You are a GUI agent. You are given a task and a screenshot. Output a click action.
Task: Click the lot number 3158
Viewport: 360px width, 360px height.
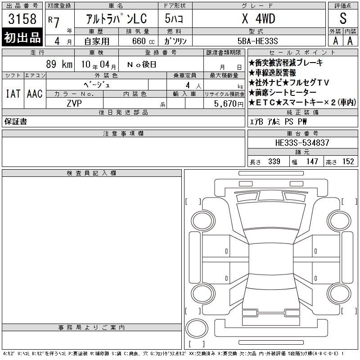pos(22,18)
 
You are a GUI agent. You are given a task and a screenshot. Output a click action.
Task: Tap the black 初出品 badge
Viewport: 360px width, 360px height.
pos(22,37)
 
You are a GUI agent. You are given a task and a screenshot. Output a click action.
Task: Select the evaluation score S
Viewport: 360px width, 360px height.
pos(343,18)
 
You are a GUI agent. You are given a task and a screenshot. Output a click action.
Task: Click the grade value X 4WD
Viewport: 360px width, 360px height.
pos(258,18)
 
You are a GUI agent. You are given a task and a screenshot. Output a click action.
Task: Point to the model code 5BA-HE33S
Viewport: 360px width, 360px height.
pos(257,41)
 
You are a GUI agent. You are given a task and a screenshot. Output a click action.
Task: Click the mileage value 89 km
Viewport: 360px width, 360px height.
pos(59,64)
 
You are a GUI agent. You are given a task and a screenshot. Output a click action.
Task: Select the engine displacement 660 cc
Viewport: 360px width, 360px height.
pos(143,41)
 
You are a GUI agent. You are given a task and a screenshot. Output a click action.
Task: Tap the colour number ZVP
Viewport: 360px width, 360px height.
pos(74,103)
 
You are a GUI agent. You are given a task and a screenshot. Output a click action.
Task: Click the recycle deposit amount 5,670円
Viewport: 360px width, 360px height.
pos(229,104)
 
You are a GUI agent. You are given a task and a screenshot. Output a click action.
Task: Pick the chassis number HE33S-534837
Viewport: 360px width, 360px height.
pos(302,143)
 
